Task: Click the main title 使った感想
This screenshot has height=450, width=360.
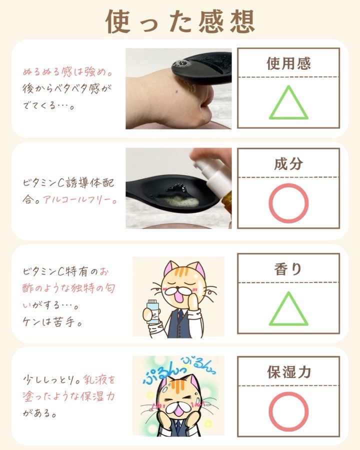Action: point(180,21)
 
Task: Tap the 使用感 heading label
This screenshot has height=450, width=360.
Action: point(288,63)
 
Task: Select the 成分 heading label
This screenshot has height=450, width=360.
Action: point(288,164)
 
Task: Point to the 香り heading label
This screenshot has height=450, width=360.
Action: point(288,269)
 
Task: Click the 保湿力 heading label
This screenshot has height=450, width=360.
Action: point(289,372)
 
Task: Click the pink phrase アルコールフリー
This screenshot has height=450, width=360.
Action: point(80,200)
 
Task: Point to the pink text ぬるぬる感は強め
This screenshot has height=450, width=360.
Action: point(68,71)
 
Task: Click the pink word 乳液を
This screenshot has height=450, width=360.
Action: point(99,379)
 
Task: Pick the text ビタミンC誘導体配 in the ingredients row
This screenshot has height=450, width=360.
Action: point(68,183)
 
